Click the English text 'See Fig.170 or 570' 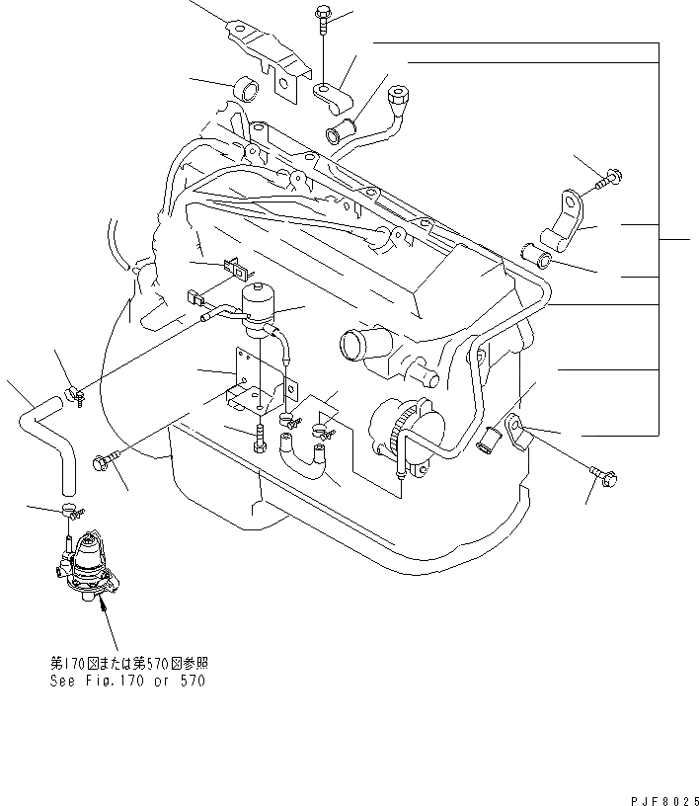(128, 681)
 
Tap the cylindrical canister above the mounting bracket (261, 300)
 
